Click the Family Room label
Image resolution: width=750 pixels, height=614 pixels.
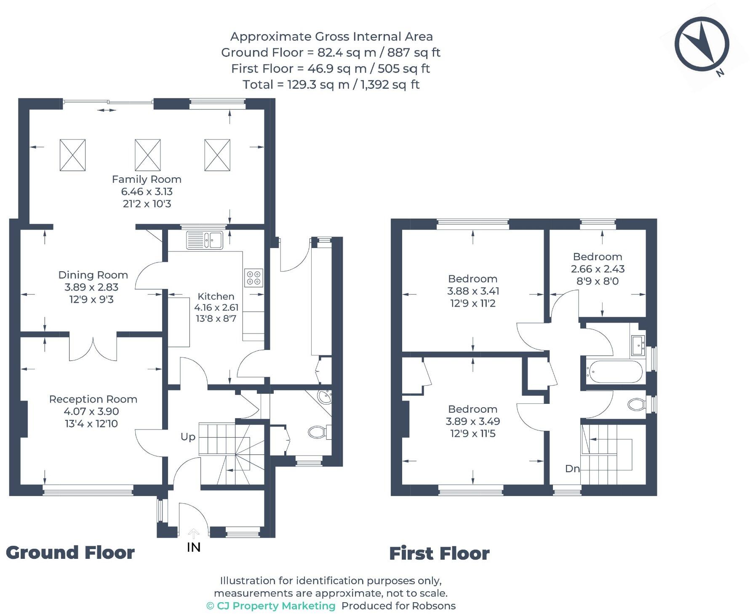147,179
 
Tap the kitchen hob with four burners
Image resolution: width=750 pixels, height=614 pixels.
254,278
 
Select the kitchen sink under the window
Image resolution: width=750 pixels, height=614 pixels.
205,240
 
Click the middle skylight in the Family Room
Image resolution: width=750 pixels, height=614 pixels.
147,155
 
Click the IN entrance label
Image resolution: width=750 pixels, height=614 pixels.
194,547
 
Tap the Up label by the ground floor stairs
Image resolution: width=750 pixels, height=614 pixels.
188,437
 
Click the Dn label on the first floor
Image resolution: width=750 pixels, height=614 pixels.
572,469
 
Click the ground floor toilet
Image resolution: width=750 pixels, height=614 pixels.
319,432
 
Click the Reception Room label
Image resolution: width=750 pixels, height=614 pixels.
93,399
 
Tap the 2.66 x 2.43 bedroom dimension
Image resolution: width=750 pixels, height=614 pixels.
598,269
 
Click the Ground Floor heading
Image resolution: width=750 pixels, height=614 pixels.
70,553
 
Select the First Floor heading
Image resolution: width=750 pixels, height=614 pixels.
439,553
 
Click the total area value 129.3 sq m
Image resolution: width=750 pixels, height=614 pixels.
318,85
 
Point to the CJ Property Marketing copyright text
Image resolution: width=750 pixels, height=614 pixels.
271,606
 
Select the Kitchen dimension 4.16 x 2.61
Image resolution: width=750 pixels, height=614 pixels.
216,307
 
